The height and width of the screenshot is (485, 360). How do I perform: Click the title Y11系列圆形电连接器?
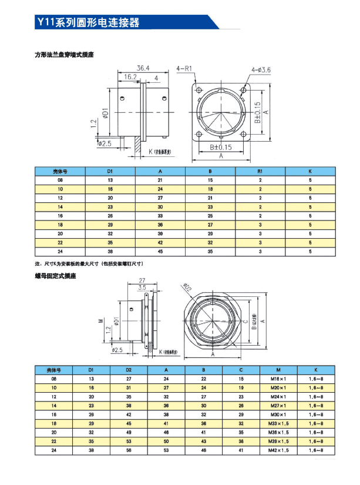click(88, 23)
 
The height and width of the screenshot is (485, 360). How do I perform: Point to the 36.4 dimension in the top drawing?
click(143, 68)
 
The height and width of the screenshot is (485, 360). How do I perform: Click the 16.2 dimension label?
click(130, 76)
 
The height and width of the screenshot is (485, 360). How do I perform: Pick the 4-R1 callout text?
click(185, 69)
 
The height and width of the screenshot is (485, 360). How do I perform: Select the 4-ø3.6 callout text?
click(261, 70)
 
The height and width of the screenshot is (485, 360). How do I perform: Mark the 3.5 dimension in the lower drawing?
click(142, 288)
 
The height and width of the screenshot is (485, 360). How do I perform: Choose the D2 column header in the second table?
click(129, 370)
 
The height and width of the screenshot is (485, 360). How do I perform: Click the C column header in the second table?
click(241, 370)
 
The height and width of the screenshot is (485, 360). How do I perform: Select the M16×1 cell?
click(278, 379)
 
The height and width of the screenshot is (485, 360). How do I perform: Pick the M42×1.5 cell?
click(278, 450)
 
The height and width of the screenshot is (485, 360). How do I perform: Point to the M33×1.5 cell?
click(278, 423)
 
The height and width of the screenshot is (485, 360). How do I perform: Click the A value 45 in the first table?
click(160, 251)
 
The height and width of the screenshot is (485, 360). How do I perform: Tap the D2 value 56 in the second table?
click(129, 450)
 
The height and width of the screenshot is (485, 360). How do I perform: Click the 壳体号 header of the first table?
click(60, 172)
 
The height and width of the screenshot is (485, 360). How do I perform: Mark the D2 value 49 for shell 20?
click(129, 432)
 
